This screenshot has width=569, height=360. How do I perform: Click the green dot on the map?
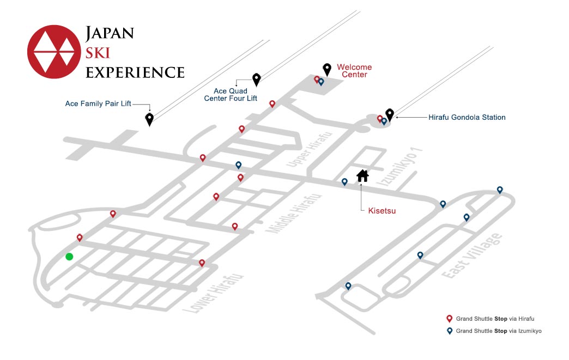[69, 257]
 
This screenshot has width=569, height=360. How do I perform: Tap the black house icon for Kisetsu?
[362, 176]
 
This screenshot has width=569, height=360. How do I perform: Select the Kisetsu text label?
[382, 211]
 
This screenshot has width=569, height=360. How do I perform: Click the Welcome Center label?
[354, 71]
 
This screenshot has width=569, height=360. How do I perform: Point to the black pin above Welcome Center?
[327, 70]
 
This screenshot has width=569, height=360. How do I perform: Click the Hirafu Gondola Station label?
[467, 117]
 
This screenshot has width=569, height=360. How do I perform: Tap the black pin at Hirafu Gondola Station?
[389, 115]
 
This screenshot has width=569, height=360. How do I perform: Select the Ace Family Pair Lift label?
[98, 103]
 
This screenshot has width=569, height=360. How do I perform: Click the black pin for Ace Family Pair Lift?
[149, 119]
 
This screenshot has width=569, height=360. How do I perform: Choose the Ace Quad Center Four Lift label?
[231, 95]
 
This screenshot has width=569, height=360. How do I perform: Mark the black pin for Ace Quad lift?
[257, 80]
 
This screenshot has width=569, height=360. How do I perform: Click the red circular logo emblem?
[54, 52]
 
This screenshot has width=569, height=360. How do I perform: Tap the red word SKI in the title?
[98, 53]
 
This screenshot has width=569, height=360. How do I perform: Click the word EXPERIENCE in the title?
[135, 72]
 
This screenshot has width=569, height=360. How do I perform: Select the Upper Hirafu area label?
[309, 149]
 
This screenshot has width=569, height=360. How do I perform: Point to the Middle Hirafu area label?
[294, 213]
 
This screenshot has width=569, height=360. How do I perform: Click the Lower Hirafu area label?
[213, 294]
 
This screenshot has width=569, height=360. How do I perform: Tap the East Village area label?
[472, 255]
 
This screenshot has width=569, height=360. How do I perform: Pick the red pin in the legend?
[449, 319]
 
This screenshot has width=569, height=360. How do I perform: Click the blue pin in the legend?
[449, 331]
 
